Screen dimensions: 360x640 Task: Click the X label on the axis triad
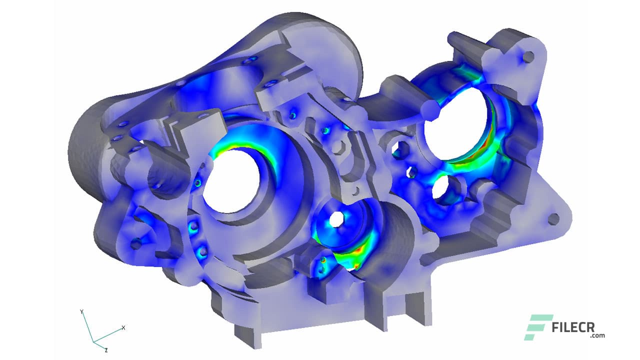[123, 328]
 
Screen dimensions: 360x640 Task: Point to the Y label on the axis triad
[81, 312]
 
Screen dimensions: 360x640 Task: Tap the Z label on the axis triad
[105, 349]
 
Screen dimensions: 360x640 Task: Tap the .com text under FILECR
[597, 336]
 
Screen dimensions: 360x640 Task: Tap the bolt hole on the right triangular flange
[553, 219]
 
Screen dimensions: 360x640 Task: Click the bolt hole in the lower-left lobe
[136, 244]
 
